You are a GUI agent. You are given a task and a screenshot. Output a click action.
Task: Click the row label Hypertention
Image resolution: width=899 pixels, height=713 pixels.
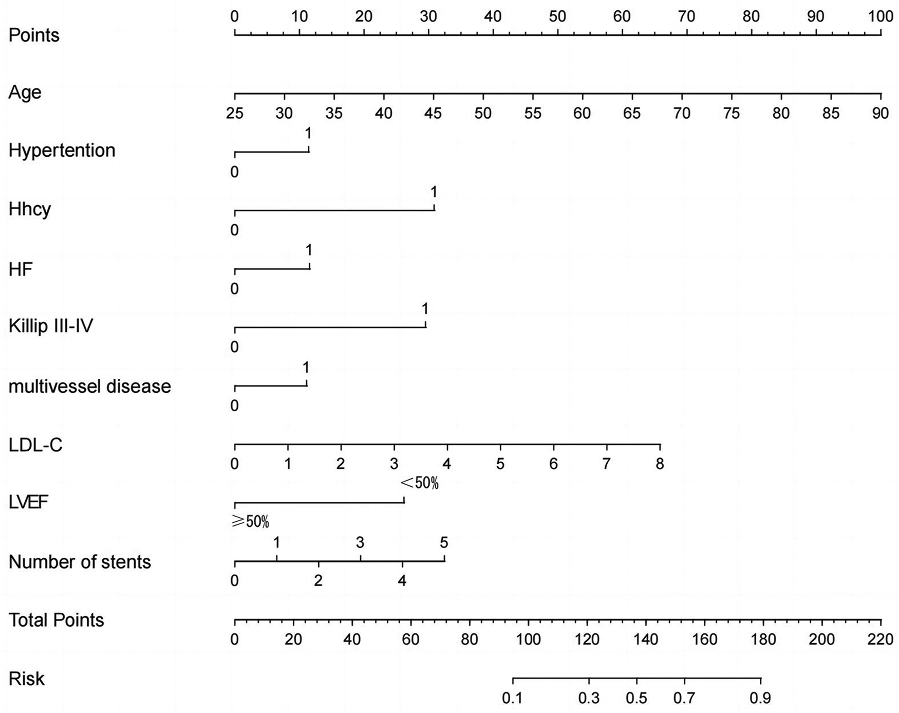pos(62,151)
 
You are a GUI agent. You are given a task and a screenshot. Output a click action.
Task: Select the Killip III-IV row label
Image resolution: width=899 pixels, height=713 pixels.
pos(51,326)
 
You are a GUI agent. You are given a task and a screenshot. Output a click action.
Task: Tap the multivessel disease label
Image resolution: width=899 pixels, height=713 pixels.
pos(89,386)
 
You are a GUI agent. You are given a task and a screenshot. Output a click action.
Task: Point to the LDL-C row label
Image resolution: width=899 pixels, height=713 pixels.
pos(35,445)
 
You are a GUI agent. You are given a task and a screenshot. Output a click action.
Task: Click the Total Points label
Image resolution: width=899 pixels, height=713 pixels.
pos(56,620)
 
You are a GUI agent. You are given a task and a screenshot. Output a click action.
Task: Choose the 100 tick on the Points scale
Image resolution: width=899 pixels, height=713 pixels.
pos(881,16)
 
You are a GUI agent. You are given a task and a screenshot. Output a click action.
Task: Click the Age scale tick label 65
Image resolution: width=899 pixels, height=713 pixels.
pos(632,113)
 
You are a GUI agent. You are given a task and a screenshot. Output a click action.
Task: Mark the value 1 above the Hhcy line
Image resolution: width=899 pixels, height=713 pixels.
pos(434,192)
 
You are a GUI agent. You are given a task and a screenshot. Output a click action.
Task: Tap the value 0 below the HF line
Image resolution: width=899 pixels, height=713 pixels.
pos(234,289)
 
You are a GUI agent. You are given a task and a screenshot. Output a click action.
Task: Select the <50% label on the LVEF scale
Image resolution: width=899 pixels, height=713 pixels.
pos(420,483)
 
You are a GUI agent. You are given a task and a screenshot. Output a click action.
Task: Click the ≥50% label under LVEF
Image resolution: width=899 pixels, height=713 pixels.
pos(250,522)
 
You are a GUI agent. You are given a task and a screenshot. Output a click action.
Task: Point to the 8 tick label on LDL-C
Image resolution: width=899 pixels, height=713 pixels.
pos(660,464)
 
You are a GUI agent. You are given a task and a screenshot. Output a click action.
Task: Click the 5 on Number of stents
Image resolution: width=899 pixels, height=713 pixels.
pos(444,542)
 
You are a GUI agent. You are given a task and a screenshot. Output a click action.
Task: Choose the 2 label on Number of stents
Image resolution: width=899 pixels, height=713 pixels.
pos(319,581)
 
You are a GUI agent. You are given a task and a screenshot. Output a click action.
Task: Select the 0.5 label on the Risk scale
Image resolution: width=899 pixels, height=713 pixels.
pos(636,698)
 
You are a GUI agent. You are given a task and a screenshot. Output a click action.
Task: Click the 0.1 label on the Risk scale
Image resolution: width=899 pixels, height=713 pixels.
pos(512,698)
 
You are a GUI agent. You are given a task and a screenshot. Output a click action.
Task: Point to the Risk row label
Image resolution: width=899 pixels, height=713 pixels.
pos(27,679)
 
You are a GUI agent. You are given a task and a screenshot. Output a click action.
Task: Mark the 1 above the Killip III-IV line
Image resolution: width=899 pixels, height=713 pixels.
pos(425,308)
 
